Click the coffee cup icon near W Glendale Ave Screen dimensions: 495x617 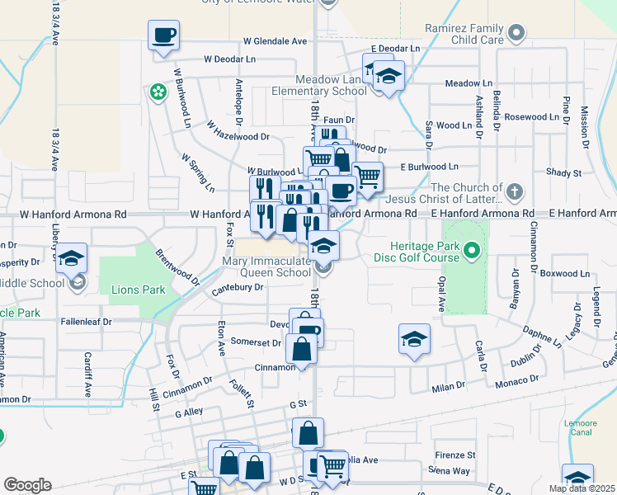163,35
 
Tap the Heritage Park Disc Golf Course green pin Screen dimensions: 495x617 471,248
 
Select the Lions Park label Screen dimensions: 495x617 139,290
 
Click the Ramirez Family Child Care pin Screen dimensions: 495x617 516,33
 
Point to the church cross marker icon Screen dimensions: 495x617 515,193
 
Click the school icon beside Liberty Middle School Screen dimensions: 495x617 72,258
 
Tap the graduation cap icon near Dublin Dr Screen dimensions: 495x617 414,338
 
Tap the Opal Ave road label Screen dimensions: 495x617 442,294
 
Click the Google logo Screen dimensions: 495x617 27,485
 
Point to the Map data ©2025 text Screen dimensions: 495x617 582,488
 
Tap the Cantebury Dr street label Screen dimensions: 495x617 237,287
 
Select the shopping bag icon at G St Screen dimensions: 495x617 308,431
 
